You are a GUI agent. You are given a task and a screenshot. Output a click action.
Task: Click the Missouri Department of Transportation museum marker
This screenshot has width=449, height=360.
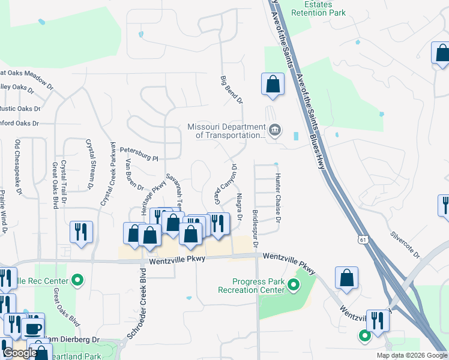pyautogui.click(x=275, y=130)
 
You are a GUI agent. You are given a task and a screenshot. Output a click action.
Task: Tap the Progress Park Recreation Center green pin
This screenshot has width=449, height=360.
pyautogui.click(x=294, y=284)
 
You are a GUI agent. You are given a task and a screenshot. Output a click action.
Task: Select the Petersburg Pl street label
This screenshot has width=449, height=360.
pyautogui.click(x=139, y=154)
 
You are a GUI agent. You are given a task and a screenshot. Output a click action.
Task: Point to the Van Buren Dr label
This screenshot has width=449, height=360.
pyautogui.click(x=133, y=173)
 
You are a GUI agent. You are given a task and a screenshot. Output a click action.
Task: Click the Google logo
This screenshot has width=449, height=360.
pyautogui.click(x=20, y=353)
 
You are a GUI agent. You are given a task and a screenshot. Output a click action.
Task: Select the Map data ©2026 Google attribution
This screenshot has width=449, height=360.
pyautogui.click(x=412, y=355)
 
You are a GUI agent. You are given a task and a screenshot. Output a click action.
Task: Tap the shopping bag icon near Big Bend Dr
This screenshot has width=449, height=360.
pyautogui.click(x=273, y=84)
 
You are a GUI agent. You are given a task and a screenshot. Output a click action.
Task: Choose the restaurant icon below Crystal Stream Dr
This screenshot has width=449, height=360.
pyautogui.click(x=82, y=232)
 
